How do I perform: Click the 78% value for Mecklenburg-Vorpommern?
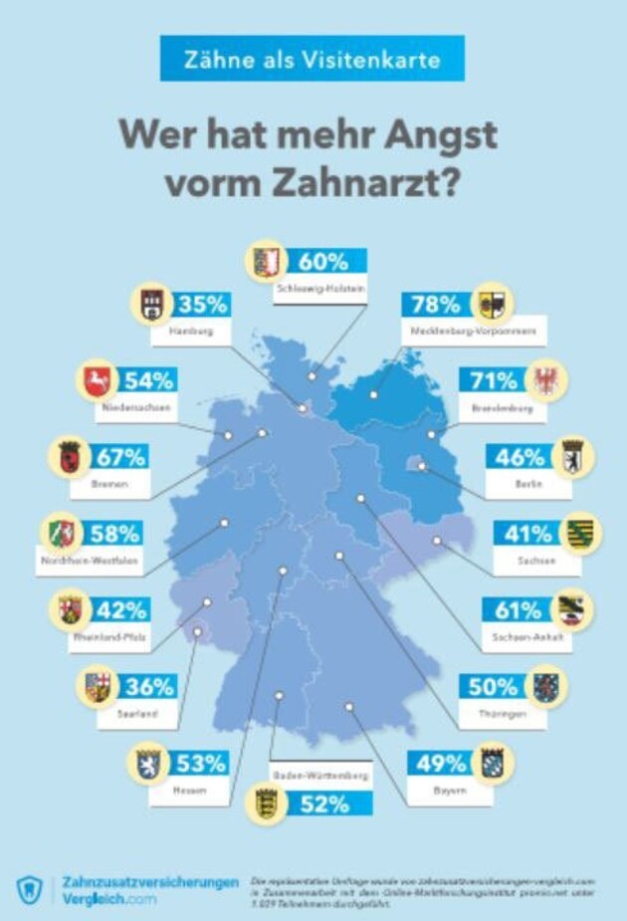pos(437,304)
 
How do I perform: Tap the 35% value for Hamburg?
pos(202,304)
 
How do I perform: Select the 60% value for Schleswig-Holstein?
pos(323,262)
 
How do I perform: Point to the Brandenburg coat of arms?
pos(546,380)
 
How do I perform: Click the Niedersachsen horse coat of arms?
pos(97,380)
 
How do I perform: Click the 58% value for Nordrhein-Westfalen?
pos(113,533)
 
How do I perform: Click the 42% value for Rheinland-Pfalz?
pos(122,609)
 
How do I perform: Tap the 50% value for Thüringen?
pos(494,686)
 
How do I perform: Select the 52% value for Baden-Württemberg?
pos(323,804)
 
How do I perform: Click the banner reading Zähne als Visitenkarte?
pos(313,59)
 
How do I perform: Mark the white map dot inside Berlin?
pos(422,465)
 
